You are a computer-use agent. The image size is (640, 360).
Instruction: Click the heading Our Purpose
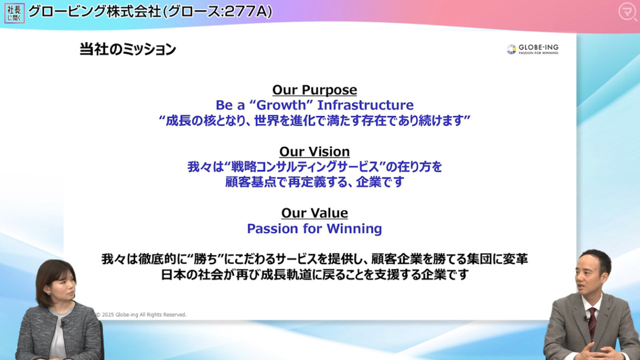[x=314, y=90]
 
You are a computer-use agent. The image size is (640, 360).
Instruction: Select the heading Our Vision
[x=314, y=151]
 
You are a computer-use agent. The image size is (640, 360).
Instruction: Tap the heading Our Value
[x=314, y=213]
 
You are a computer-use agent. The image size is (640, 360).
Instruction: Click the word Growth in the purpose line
[x=281, y=105]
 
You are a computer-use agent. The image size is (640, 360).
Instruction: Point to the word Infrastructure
[x=365, y=105]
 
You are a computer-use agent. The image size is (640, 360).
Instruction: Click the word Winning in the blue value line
[x=354, y=229]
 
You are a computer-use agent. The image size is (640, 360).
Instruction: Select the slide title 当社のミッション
[x=127, y=49]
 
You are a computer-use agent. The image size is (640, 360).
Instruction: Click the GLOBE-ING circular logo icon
[x=511, y=49]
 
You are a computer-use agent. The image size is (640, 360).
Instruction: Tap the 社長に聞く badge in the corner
[x=14, y=13]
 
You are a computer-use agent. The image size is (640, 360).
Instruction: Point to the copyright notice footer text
[x=141, y=314]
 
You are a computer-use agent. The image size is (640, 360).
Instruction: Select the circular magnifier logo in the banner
[x=627, y=12]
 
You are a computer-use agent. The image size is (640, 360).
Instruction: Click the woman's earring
[x=49, y=293]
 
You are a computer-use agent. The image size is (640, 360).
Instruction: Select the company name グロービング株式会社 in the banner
[x=94, y=11]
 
